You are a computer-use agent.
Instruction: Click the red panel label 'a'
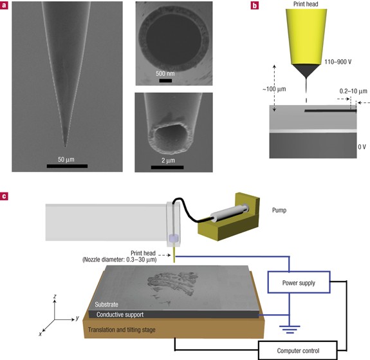[6, 5]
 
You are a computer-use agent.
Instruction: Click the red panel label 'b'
[255, 5]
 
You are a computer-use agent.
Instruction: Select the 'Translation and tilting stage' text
[131, 330]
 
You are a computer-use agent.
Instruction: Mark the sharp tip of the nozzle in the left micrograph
[64, 146]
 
